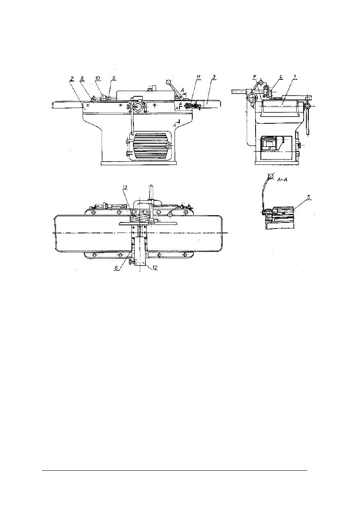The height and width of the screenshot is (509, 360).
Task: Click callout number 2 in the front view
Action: coord(72,79)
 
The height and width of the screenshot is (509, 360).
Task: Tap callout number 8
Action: coord(82,79)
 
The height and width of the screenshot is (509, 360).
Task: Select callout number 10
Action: coord(98,79)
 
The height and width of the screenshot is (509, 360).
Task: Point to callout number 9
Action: coord(114,78)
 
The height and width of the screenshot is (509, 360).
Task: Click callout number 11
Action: coord(198,77)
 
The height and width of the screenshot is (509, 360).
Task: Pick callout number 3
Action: coord(214,77)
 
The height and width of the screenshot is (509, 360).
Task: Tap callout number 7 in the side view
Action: coord(254,78)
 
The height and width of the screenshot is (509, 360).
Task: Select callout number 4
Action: coord(281,77)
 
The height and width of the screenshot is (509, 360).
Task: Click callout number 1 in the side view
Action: coord(295,77)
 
